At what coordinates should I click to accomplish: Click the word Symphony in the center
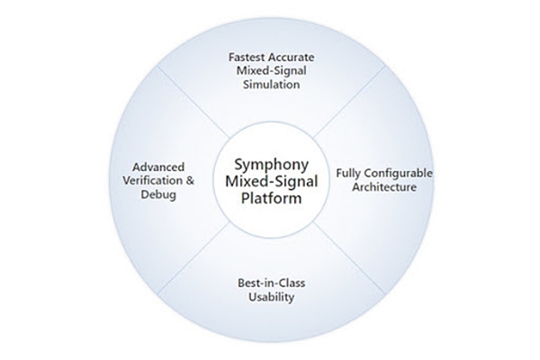coord(270,165)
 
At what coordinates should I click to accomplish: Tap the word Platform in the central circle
coord(270,199)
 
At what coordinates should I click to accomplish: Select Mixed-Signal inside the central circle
coord(270,182)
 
